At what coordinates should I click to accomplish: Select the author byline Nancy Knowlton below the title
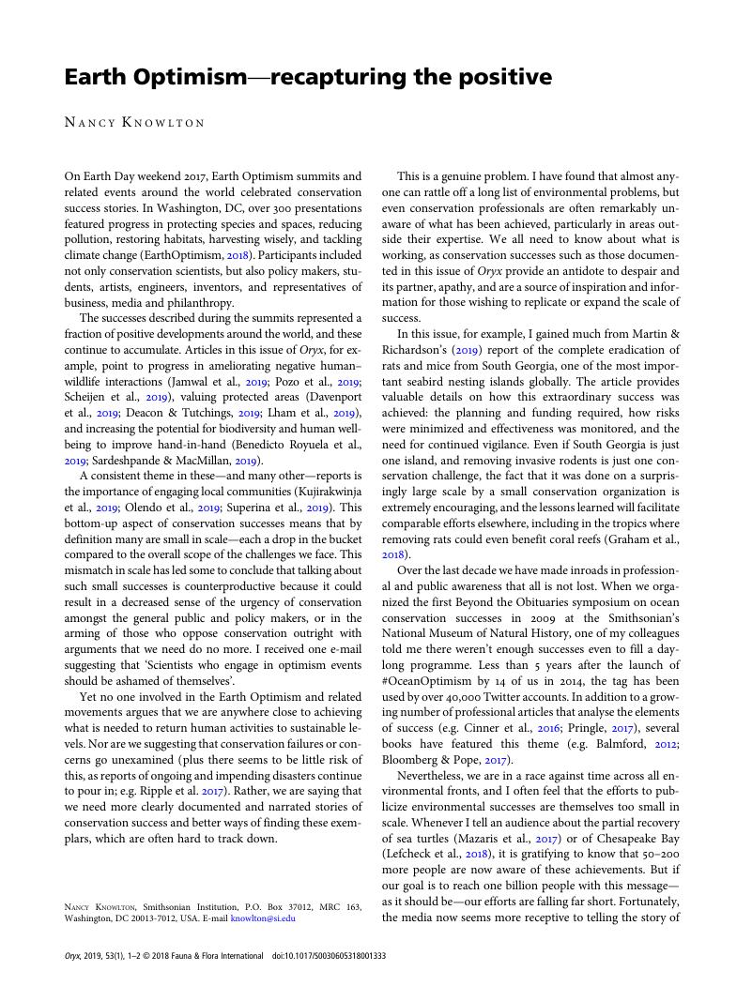(134, 122)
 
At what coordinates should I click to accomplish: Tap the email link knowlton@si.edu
(263, 918)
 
